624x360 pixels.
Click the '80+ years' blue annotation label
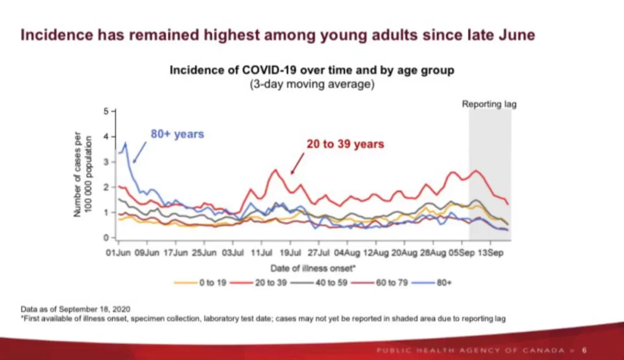pyautogui.click(x=177, y=134)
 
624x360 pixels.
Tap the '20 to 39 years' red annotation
pyautogui.click(x=345, y=144)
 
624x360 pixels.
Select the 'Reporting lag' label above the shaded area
pyautogui.click(x=489, y=104)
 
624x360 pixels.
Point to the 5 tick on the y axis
pyautogui.click(x=106, y=112)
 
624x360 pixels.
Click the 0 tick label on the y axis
pyautogui.click(x=106, y=238)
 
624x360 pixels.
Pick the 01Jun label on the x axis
pyautogui.click(x=118, y=253)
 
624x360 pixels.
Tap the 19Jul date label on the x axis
pyautogui.click(x=290, y=253)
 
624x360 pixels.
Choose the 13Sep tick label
pyautogui.click(x=491, y=253)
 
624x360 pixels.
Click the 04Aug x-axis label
pyautogui.click(x=347, y=253)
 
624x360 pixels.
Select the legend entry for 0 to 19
pyautogui.click(x=200, y=283)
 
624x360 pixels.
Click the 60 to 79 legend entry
pyautogui.click(x=380, y=283)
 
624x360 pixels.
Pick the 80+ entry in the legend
pyautogui.click(x=432, y=283)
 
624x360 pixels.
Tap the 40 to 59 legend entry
pyautogui.click(x=319, y=283)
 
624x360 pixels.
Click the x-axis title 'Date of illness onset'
pyautogui.click(x=313, y=269)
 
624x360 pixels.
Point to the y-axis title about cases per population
pyautogui.click(x=83, y=175)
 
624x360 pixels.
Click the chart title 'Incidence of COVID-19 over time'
pyautogui.click(x=312, y=70)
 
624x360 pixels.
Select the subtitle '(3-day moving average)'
pyautogui.click(x=312, y=84)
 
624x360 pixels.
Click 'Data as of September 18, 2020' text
pyautogui.click(x=75, y=309)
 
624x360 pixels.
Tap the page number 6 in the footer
pyautogui.click(x=585, y=350)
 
